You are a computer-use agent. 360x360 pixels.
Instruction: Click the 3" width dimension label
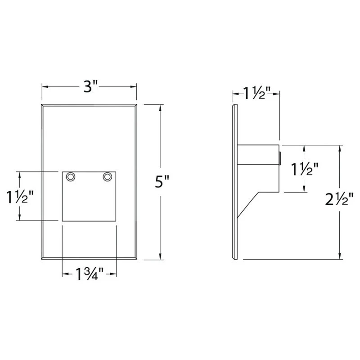(x=91, y=86)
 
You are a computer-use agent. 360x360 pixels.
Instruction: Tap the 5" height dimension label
(x=162, y=181)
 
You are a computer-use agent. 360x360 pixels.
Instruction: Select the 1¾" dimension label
(x=90, y=274)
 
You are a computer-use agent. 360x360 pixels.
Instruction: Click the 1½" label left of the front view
(x=20, y=197)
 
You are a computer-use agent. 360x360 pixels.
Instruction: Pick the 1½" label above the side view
(x=257, y=93)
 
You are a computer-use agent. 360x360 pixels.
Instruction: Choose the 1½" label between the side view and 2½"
(x=305, y=169)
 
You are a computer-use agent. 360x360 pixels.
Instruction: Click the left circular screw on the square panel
(x=71, y=177)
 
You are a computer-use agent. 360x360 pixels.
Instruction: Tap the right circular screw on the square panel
(x=108, y=177)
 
